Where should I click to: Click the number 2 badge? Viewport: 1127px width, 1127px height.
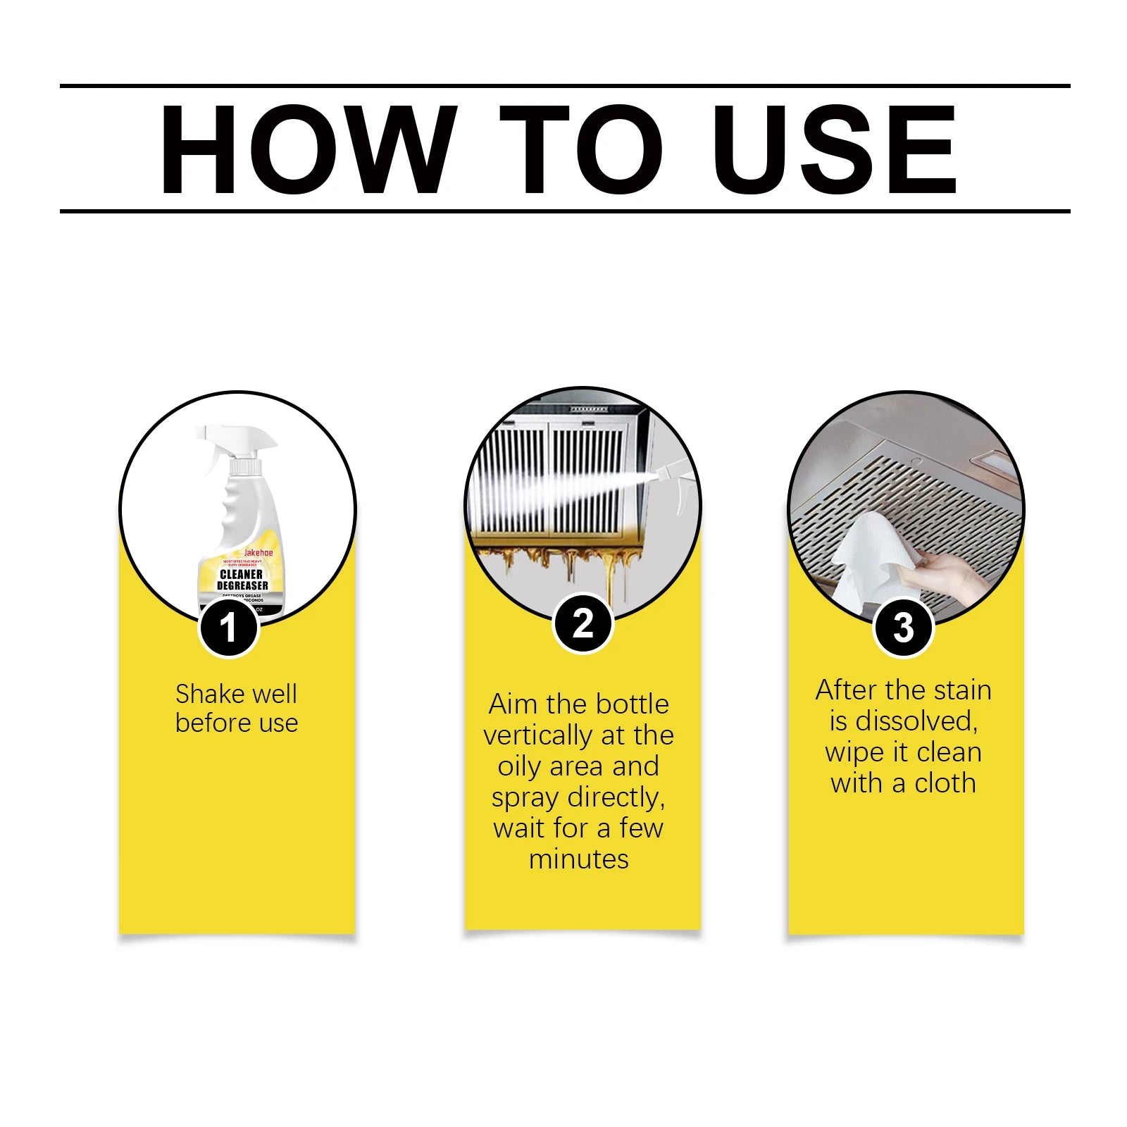click(583, 623)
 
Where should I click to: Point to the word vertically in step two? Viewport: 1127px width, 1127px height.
click(540, 735)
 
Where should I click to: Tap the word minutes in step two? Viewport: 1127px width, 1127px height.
click(578, 859)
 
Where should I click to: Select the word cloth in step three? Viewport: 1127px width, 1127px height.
click(945, 783)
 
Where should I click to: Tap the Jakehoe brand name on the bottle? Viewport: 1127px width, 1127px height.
click(258, 553)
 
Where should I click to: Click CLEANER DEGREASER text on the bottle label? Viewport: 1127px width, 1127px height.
click(242, 580)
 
